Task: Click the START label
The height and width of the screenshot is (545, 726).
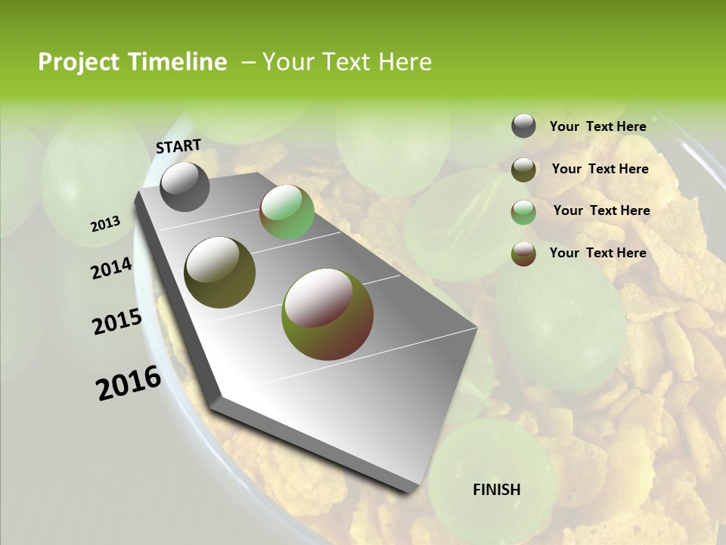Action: click(178, 146)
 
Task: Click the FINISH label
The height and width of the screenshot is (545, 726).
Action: click(496, 490)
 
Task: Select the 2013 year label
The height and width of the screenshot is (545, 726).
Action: click(105, 223)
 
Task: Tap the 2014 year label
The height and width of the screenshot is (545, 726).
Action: click(111, 269)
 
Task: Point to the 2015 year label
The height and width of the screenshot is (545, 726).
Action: click(117, 322)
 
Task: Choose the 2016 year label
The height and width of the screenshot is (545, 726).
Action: click(129, 383)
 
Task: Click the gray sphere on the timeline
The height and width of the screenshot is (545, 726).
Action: click(185, 187)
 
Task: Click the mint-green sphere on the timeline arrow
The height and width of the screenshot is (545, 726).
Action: click(287, 213)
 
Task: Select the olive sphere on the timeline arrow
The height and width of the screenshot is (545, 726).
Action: click(220, 272)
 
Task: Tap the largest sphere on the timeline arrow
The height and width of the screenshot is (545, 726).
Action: click(327, 314)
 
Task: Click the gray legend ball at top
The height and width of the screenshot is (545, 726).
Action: click(523, 126)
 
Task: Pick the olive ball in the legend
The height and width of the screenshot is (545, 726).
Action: click(523, 170)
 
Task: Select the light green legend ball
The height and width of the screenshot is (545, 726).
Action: click(523, 212)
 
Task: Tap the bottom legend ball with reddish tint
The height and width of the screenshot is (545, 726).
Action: click(523, 254)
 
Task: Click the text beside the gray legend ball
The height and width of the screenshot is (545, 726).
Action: click(597, 126)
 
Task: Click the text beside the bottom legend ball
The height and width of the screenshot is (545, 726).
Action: click(597, 253)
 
